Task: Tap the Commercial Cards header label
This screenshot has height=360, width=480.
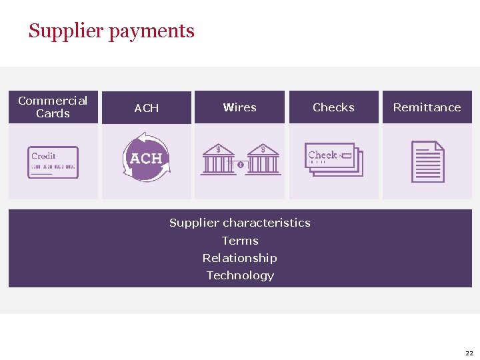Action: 53,107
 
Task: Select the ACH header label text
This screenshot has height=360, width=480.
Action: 147,107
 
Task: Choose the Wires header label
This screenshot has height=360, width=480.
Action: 239,107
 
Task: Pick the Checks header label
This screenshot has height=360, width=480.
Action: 333,107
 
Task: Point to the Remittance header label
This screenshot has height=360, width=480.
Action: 427,107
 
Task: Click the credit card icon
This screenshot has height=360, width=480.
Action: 53,162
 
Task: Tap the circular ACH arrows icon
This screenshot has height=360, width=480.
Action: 146,158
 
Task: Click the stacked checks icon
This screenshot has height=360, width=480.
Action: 334,159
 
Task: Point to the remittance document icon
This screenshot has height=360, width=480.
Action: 428,161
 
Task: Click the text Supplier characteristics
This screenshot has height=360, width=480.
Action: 240,223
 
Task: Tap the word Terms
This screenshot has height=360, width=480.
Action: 240,241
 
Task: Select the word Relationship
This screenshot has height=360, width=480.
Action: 240,258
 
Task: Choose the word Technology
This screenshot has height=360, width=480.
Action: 240,275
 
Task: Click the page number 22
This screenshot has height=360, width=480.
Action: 469,353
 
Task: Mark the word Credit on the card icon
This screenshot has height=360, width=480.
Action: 43,156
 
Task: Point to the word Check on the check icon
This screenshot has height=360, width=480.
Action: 323,155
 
